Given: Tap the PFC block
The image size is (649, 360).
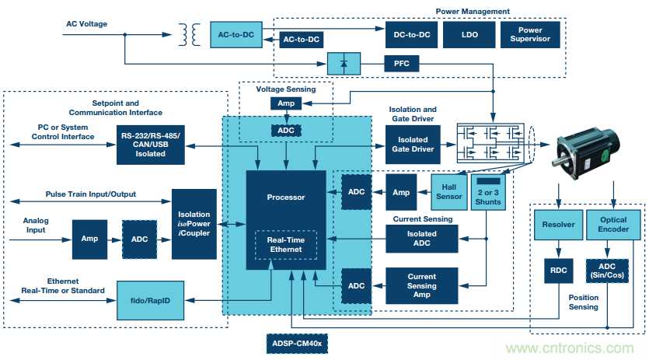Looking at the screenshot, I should point(402,62).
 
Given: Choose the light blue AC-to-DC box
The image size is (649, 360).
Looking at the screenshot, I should point(236,35).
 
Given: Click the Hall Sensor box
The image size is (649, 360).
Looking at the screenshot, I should point(448,192).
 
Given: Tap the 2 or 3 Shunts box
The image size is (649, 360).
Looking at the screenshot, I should point(488,192).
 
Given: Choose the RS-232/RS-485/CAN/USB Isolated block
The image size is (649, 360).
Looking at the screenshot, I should point(151,143).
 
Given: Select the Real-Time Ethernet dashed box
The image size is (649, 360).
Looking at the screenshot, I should point(286,246).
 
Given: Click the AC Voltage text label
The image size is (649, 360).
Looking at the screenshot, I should point(85,23).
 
